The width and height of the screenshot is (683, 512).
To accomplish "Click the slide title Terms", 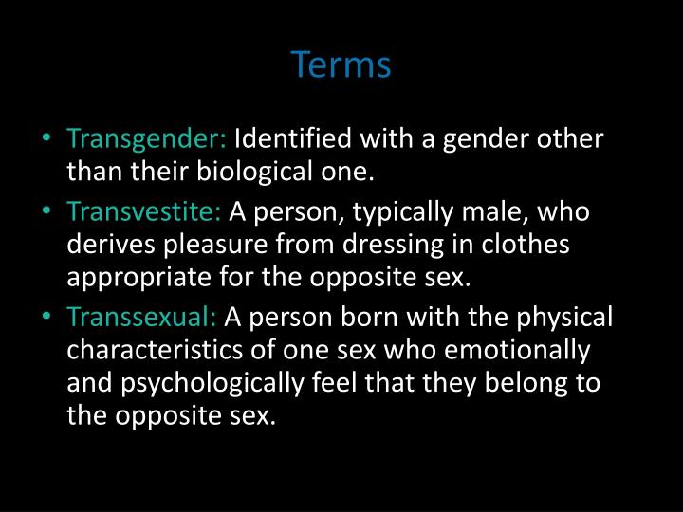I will pos(341,65).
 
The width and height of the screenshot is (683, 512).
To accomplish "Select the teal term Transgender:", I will pos(146,140).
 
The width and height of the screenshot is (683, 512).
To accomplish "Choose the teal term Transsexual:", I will pos(142,316).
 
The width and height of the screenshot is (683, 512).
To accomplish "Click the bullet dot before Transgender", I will pos(47,140).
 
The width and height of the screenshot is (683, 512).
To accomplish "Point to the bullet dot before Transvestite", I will pos(47,211).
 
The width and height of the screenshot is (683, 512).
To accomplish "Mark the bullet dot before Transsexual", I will pos(47,316).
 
